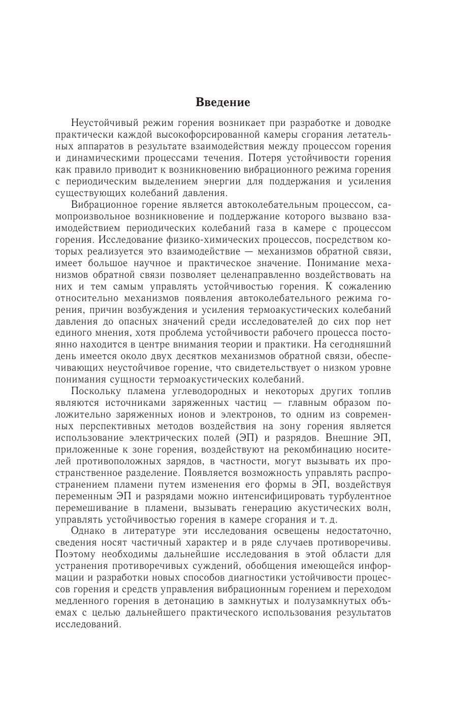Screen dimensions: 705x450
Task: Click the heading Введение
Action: coord(223,102)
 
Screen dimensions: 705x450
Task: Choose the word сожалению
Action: coord(363,286)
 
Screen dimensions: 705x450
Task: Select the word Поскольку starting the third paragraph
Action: coord(97,391)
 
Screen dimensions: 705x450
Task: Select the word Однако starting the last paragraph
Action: coord(88,531)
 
